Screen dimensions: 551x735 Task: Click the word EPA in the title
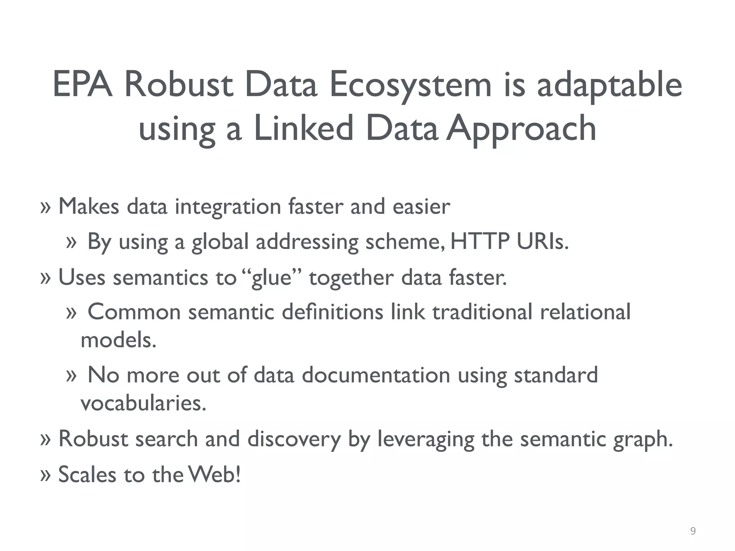pyautogui.click(x=83, y=85)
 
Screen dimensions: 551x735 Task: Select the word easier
pyautogui.click(x=421, y=207)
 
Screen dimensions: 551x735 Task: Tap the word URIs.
pyautogui.click(x=543, y=241)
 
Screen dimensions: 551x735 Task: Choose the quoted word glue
pyautogui.click(x=272, y=277)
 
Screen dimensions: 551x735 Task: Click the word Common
pyautogui.click(x=134, y=311)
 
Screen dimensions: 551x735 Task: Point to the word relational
pyautogui.click(x=585, y=311)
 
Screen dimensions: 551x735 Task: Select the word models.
pyautogui.click(x=118, y=340)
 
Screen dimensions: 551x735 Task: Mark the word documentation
pyautogui.click(x=376, y=375)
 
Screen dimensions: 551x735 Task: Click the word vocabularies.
pyautogui.click(x=144, y=403)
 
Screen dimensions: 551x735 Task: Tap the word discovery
pyautogui.click(x=294, y=439)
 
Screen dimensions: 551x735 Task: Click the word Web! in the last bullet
pyautogui.click(x=214, y=474)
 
